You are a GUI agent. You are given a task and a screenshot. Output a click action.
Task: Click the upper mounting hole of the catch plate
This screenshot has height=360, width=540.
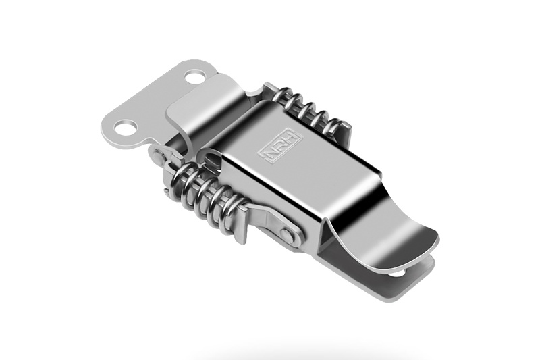click(195, 76)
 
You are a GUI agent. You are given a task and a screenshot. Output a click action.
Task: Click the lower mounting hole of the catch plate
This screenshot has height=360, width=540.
click(125, 128)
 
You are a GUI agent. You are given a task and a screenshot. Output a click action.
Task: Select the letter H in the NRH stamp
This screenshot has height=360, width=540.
click(292, 137)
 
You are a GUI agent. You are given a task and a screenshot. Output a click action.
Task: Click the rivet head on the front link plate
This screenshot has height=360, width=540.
click(288, 234)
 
